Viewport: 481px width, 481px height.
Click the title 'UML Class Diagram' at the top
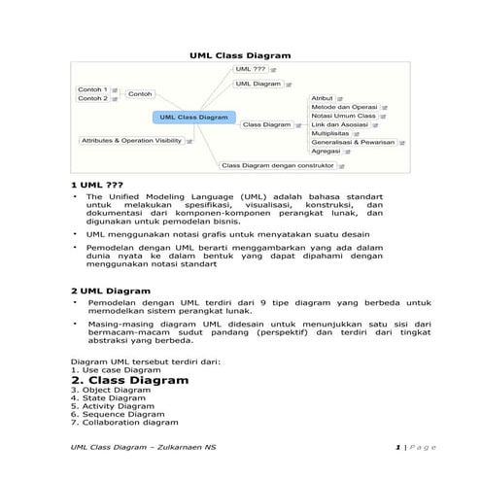pos(239,56)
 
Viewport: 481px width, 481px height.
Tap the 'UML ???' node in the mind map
pos(251,70)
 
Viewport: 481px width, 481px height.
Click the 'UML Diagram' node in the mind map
pos(258,85)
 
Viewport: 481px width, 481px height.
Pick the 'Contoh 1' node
pos(92,89)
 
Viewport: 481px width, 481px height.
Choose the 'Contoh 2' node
pos(92,98)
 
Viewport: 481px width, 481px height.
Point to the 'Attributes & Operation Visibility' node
pos(132,141)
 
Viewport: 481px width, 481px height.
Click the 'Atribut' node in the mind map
pos(322,98)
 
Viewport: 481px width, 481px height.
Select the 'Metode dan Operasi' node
pos(343,107)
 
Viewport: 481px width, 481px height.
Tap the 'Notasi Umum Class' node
pos(342,116)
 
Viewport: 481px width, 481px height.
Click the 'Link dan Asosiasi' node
pos(339,124)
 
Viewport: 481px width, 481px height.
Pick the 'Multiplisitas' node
pos(331,133)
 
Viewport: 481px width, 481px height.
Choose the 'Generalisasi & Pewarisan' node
pos(352,142)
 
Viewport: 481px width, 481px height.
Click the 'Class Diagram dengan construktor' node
pos(278,165)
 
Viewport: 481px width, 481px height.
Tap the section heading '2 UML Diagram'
pos(111,291)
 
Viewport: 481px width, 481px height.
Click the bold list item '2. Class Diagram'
pos(129,380)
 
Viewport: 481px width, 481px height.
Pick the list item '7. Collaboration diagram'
pos(124,423)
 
